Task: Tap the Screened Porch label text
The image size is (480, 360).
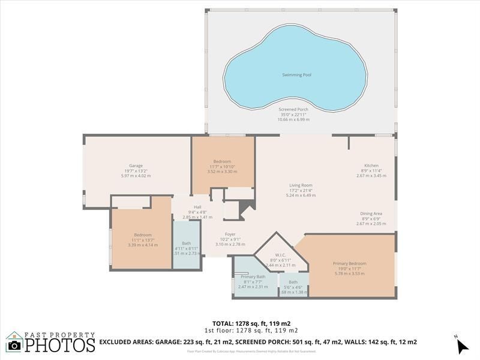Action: click(x=293, y=109)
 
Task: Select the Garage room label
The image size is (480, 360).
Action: click(x=136, y=166)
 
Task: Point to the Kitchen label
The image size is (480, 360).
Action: click(x=371, y=166)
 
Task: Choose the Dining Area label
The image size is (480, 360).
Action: click(x=371, y=214)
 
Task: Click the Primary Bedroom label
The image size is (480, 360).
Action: click(x=350, y=263)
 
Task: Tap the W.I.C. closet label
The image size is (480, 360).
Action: click(x=281, y=254)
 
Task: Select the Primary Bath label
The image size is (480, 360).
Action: click(x=253, y=277)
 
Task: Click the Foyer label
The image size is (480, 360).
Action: click(x=230, y=234)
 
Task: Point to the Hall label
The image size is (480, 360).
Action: click(x=197, y=207)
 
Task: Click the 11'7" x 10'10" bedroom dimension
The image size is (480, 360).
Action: click(x=222, y=166)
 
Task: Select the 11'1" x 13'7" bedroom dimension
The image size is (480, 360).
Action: click(x=143, y=240)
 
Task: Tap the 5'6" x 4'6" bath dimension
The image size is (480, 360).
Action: click(x=293, y=287)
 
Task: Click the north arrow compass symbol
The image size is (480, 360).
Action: click(x=461, y=346)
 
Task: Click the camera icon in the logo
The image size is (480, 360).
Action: click(x=14, y=345)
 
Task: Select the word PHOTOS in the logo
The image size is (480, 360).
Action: click(x=59, y=345)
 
